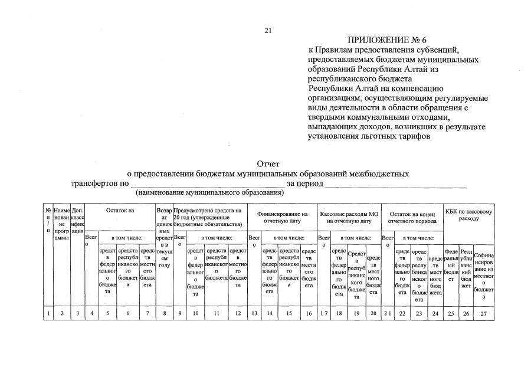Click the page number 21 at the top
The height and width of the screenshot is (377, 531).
[x=268, y=30]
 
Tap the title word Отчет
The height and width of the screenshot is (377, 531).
[x=268, y=164]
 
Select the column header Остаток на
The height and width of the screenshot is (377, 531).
[x=120, y=211]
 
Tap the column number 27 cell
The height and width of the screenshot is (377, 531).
[x=484, y=313]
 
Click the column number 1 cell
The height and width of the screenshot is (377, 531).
[x=48, y=313]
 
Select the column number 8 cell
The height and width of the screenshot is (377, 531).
[x=165, y=313]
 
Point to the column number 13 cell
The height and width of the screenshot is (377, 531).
[x=254, y=313]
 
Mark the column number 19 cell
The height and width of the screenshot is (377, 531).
[x=356, y=313]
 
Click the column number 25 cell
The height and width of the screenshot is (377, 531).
[x=451, y=313]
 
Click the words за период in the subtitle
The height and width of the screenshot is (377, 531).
[x=304, y=183]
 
